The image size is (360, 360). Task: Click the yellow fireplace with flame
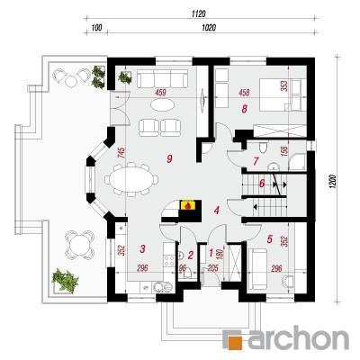188,205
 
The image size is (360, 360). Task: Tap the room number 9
169,158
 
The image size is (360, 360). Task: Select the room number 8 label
245,109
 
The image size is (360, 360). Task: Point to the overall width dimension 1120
198,13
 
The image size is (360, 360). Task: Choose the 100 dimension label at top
96,28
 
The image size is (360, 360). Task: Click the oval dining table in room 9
131,180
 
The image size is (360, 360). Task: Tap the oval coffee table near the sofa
162,104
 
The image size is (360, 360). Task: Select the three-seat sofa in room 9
162,79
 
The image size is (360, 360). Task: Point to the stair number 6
262,183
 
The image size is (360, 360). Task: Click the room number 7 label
256,161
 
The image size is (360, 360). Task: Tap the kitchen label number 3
143,248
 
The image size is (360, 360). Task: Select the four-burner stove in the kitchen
169,260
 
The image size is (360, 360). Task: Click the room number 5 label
269,239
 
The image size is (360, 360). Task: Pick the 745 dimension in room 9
121,155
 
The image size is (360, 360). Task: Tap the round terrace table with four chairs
79,245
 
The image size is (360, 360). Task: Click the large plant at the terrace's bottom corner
65,280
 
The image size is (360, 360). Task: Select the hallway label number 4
217,211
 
